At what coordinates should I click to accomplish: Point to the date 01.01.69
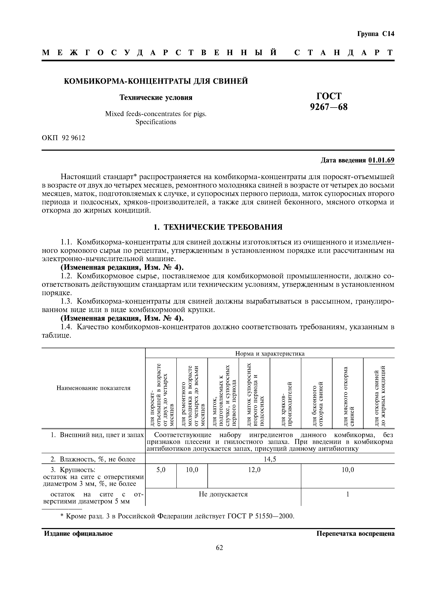381,160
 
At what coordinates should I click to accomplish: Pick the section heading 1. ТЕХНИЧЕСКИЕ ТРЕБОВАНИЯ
218,227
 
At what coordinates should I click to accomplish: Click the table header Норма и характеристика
270,354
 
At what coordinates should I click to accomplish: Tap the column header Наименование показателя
93,388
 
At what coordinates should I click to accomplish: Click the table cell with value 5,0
161,470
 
